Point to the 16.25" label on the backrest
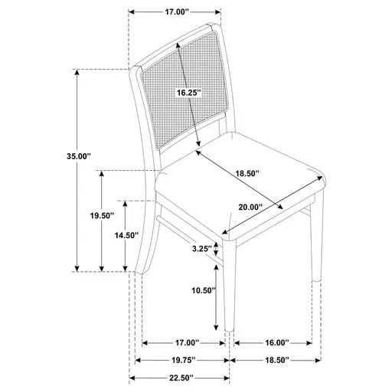[187, 93]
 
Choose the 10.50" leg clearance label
[204, 291]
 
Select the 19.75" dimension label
[181, 360]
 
